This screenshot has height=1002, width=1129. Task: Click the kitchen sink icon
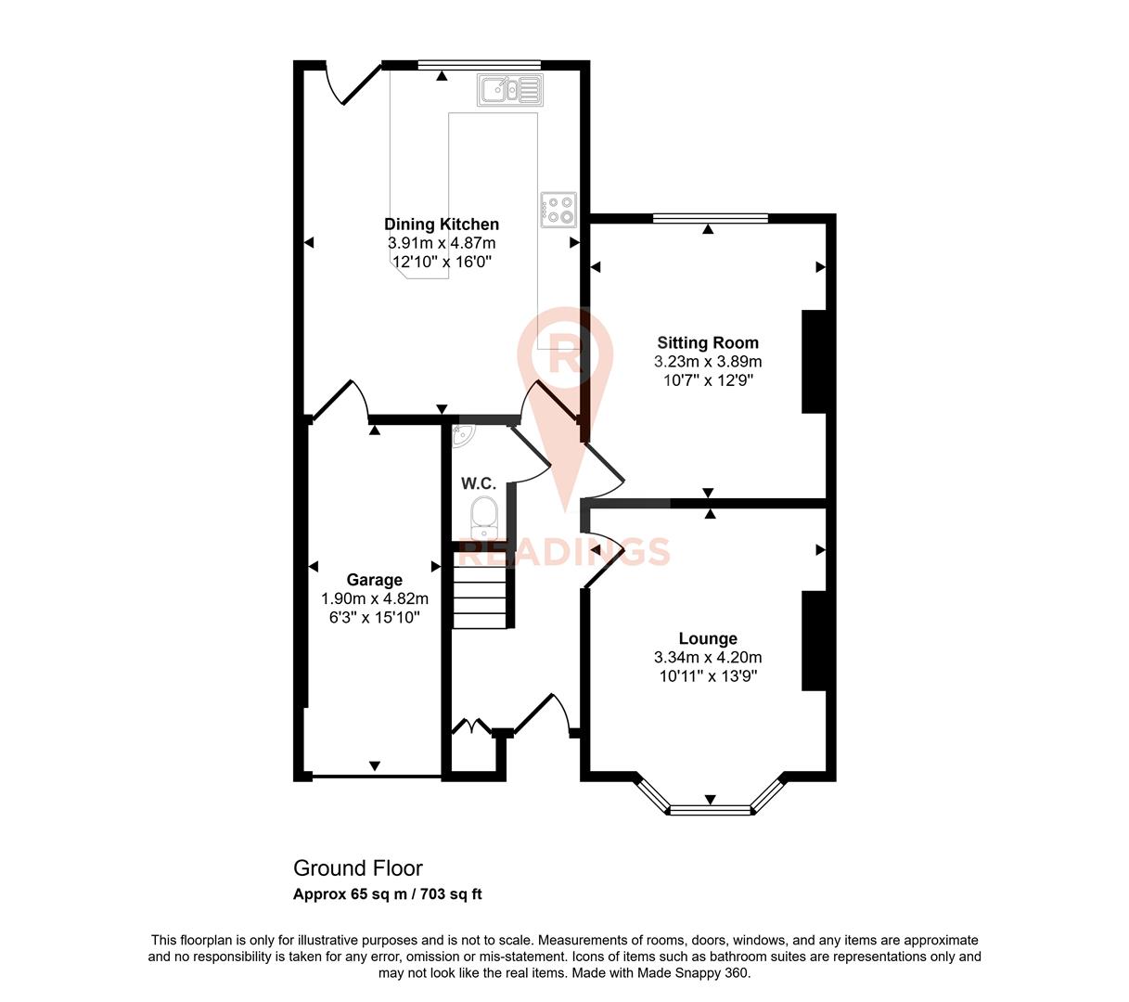coord(509,90)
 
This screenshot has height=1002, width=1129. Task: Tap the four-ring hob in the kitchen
coord(558,210)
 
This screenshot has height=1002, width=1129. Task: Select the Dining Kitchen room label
coord(442,225)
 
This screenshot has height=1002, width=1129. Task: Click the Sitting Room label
coord(708,343)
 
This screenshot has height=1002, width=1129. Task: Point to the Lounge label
coord(708,638)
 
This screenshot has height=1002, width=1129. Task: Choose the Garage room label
coord(374,581)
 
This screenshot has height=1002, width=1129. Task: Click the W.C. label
coord(479,483)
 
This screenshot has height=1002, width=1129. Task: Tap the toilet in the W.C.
coord(482,517)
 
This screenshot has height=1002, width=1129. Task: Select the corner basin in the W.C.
coord(462,434)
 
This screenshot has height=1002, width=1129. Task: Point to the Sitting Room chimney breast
coord(814,361)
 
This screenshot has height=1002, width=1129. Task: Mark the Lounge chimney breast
coord(814,640)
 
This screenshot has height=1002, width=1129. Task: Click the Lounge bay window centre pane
coord(710,810)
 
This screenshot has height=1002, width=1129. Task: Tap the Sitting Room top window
coord(711,219)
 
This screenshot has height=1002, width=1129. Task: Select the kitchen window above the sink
coord(479,64)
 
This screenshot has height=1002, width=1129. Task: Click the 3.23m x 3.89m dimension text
coord(708,362)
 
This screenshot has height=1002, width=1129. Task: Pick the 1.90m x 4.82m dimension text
coord(374,599)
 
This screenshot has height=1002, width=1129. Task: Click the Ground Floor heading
coord(357,868)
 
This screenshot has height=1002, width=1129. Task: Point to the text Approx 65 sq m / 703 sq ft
coord(387,895)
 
